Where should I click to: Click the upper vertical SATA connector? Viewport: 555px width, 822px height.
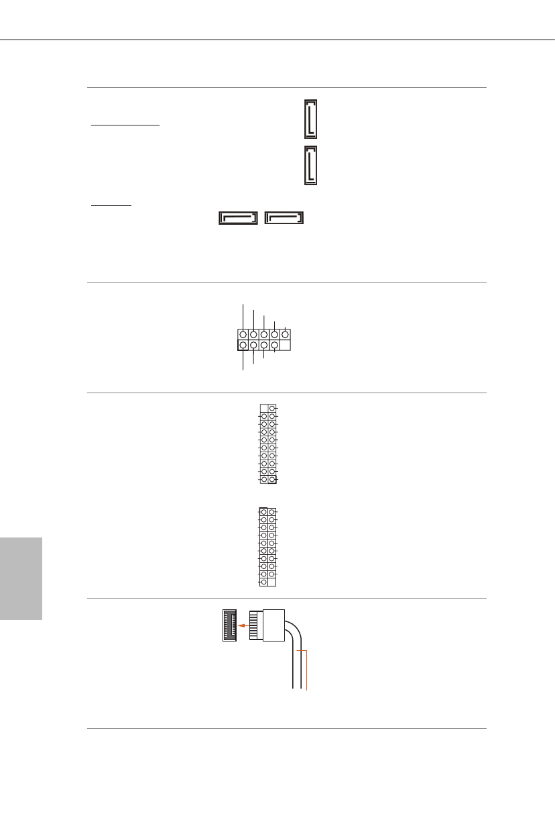pyautogui.click(x=311, y=119)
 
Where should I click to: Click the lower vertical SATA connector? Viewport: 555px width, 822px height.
pyautogui.click(x=311, y=165)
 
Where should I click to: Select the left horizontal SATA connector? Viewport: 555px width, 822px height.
pyautogui.click(x=238, y=218)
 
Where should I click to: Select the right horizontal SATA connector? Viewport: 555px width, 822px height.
pyautogui.click(x=284, y=218)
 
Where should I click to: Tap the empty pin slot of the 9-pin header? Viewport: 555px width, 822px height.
pyautogui.click(x=286, y=345)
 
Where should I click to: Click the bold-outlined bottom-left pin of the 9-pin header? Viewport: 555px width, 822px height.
pyautogui.click(x=243, y=345)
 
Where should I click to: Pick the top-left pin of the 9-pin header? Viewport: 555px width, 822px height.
pyautogui.click(x=243, y=333)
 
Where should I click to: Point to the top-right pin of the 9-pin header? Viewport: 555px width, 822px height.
pyautogui.click(x=286, y=333)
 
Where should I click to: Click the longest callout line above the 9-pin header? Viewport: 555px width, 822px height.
pyautogui.click(x=243, y=315)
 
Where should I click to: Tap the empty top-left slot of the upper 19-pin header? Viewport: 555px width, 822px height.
pyautogui.click(x=263, y=408)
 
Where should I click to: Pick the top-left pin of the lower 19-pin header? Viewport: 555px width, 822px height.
pyautogui.click(x=263, y=512)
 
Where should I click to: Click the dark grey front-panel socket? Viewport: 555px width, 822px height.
pyautogui.click(x=230, y=625)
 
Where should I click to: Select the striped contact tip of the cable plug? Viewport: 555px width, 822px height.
pyautogui.click(x=254, y=625)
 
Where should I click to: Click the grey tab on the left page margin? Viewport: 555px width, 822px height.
pyautogui.click(x=21, y=578)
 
